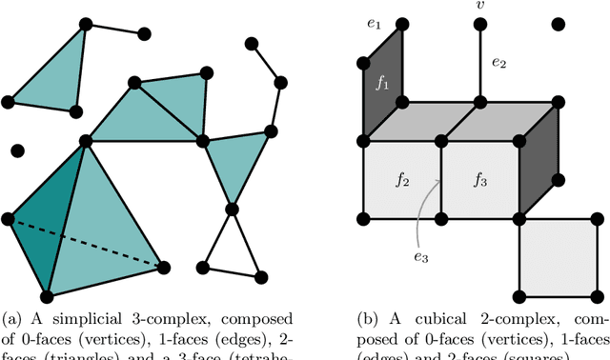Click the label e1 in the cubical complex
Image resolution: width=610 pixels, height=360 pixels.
point(374,23)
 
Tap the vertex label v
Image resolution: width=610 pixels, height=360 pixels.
point(479,8)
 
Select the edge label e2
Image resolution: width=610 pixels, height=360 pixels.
point(498,64)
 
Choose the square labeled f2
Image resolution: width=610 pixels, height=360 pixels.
point(402,178)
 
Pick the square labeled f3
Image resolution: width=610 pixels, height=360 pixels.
point(480,178)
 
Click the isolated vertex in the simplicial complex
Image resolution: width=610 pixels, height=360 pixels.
point(17,150)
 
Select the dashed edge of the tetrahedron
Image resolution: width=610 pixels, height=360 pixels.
point(86,242)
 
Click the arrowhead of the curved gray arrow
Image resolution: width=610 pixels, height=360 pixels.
point(440,180)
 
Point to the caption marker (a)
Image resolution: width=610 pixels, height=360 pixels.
point(12,317)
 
